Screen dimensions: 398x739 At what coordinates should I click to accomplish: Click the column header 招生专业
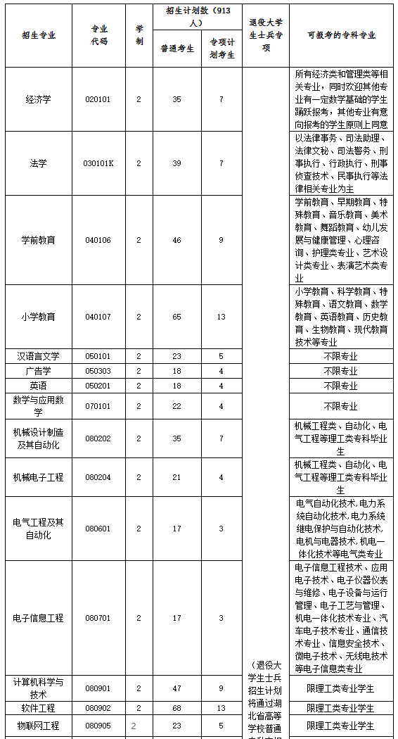38,35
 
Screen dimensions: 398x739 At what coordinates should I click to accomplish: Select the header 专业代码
99,35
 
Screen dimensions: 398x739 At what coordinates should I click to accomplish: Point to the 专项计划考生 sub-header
221,49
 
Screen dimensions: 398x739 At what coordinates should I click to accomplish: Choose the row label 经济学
38,99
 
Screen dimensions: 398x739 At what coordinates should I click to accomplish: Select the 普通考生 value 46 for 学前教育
176,240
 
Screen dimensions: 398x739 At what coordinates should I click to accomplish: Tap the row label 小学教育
38,317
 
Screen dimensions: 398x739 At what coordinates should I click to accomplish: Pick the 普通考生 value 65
176,317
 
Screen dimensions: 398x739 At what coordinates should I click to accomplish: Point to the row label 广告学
38,371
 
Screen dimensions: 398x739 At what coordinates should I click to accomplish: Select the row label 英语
38,386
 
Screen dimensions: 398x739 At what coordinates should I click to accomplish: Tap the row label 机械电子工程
38,477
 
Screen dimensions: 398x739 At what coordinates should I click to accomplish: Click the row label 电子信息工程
38,618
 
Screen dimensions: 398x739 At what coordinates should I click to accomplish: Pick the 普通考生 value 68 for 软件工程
176,708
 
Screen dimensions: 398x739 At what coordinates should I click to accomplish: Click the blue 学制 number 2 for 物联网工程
133,725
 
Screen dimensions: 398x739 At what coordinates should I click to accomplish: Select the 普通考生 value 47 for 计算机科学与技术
176,688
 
